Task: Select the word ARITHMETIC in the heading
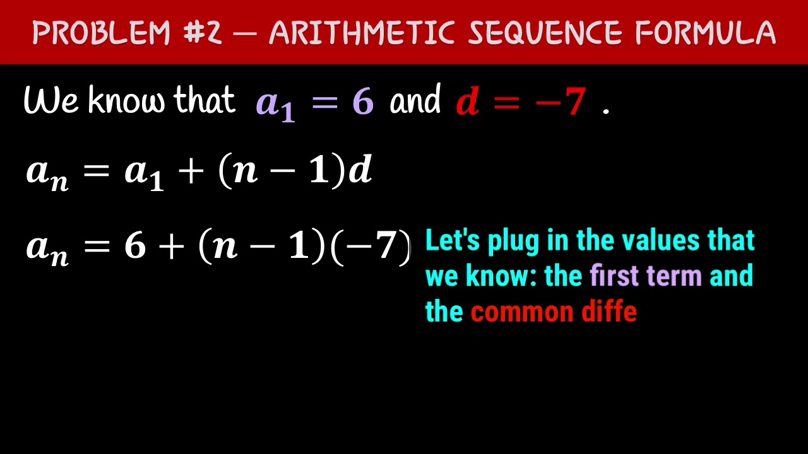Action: [362, 33]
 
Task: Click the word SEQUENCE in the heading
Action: [544, 33]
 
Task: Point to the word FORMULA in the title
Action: [705, 33]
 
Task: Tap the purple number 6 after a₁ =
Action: [363, 102]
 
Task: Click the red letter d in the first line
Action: [467, 102]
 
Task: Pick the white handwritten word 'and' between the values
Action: [415, 101]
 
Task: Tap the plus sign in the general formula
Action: [191, 172]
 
